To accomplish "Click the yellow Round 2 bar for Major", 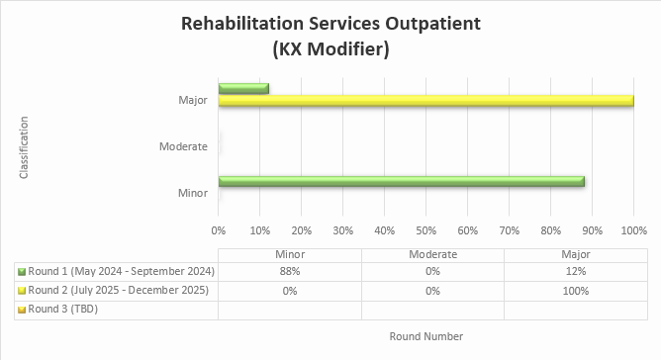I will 425,101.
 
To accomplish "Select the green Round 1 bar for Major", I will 243,88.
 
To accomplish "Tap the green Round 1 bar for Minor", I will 401,182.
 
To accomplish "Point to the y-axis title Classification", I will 24,147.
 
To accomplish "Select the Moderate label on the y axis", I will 183,147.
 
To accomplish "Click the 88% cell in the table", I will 290,271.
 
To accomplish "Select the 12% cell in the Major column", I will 574,271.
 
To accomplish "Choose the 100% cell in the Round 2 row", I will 574,291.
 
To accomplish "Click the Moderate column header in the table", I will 432,254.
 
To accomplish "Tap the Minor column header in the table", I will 290,254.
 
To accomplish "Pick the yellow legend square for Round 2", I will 22,291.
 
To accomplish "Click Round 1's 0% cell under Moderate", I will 432,271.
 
